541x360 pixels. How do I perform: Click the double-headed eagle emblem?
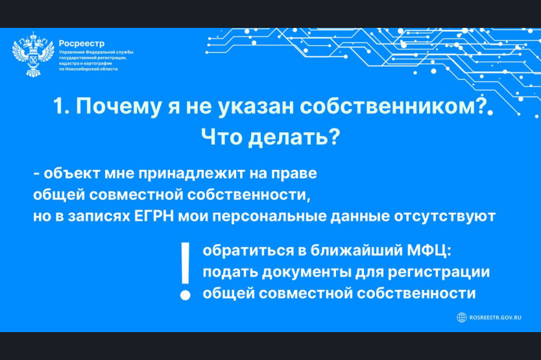33,54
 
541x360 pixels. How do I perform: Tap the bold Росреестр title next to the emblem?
82,43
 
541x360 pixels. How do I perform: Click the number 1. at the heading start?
62,106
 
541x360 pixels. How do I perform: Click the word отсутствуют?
445,217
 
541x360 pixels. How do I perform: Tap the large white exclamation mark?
186,271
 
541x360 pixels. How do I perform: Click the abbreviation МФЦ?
429,250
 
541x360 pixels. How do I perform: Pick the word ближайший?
356,250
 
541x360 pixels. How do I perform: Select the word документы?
306,272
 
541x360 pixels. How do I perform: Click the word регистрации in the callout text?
439,272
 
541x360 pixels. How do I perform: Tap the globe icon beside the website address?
462,317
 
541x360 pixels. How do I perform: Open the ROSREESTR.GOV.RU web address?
495,318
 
